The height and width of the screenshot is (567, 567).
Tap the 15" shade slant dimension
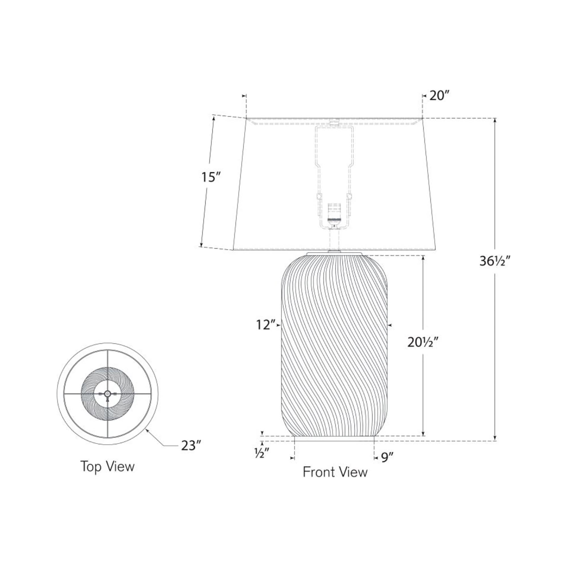pos(210,177)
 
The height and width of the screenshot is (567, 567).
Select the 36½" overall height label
pos(496,261)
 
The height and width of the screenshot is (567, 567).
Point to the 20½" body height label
pos(423,342)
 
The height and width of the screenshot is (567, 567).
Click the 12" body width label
pos(266,325)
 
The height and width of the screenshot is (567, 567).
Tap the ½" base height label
pos(262,454)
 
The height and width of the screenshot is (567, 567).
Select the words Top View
pos(107,466)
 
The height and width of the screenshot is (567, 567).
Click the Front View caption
pos(335,472)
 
